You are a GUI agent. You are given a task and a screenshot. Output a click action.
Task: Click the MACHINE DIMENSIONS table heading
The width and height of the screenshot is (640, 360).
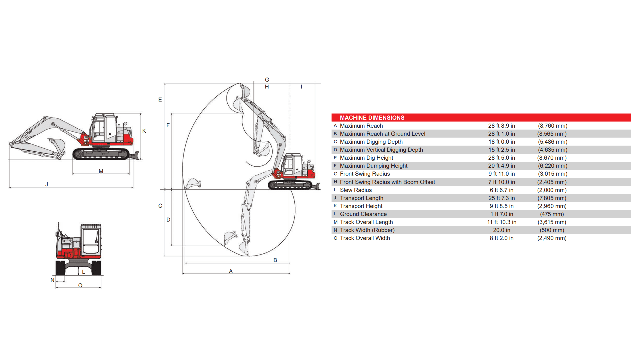click(x=372, y=118)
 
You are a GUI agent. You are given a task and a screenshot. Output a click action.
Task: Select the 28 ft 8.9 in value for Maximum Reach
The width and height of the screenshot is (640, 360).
click(x=501, y=126)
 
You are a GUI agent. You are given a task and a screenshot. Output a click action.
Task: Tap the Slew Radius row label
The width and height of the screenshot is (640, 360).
click(x=356, y=190)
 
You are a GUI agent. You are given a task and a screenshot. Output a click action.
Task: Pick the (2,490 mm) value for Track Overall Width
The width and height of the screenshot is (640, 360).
click(x=552, y=238)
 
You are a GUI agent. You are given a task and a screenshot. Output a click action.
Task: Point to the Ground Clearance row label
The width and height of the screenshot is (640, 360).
click(x=363, y=214)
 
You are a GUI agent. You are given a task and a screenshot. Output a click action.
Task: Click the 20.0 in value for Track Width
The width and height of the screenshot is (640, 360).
click(x=501, y=230)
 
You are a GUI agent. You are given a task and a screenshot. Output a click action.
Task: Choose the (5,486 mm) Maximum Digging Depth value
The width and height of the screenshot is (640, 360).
click(x=552, y=142)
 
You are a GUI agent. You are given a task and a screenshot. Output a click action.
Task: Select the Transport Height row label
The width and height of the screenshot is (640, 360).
click(x=361, y=206)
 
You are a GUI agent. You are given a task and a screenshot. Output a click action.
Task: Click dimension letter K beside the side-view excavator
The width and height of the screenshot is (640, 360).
click(x=144, y=131)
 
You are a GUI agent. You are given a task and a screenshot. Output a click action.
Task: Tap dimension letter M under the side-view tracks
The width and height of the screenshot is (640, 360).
click(x=101, y=171)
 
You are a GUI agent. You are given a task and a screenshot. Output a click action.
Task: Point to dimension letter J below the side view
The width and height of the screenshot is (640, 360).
click(x=47, y=184)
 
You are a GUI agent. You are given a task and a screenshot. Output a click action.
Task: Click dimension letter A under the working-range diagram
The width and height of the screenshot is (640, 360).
click(x=231, y=271)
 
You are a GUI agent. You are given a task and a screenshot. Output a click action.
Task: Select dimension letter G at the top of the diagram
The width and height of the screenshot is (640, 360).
click(x=267, y=80)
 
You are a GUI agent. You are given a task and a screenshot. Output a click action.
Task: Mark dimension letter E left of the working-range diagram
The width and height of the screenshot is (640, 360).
click(x=160, y=100)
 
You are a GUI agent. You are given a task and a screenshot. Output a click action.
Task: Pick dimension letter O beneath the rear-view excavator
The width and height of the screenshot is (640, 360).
click(x=80, y=285)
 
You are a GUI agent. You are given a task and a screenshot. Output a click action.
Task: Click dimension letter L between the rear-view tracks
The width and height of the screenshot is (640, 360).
click(x=83, y=272)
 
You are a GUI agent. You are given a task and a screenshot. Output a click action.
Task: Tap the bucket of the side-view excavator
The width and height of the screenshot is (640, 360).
click(x=57, y=145)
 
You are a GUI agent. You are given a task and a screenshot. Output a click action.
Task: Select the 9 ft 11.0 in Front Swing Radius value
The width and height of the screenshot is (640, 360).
click(x=501, y=174)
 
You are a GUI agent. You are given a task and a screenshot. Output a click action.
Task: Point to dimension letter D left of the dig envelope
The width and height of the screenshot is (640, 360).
click(x=168, y=220)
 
